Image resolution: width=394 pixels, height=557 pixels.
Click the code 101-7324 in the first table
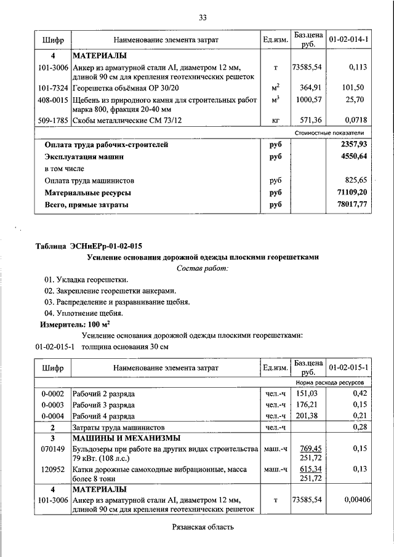point(52,87)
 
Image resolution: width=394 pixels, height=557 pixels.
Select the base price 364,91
point(310,87)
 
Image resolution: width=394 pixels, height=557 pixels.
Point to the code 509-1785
point(52,120)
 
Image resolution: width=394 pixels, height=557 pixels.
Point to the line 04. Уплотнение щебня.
point(79,313)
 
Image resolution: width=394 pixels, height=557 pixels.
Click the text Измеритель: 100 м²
point(76,324)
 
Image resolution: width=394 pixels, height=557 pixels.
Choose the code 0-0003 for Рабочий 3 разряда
point(52,404)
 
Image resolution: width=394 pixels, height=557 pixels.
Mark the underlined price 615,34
point(310,469)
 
